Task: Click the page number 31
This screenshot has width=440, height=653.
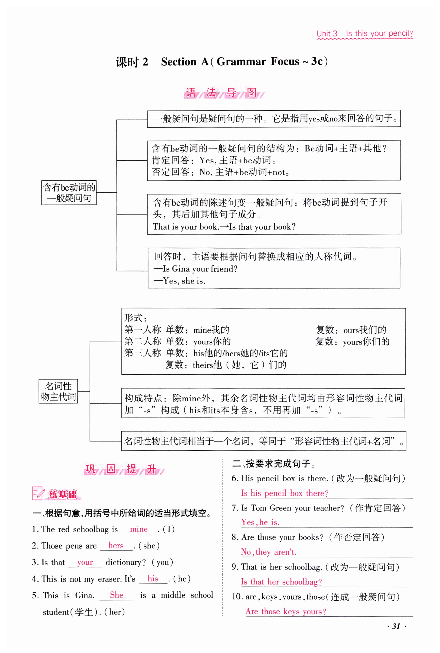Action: tap(396, 626)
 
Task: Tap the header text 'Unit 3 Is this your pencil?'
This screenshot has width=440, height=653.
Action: tap(365, 34)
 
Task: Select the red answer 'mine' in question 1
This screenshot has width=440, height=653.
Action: tap(139, 529)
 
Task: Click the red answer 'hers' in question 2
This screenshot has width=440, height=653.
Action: tap(116, 546)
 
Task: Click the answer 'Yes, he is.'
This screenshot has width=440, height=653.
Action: tap(260, 522)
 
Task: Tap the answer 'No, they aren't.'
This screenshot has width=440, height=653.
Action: tap(269, 552)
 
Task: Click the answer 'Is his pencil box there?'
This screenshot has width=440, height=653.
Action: tap(285, 493)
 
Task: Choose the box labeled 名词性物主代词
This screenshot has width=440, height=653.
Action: tap(58, 391)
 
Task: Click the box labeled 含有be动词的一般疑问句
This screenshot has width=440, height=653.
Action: tap(69, 193)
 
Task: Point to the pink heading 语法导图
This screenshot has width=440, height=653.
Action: tap(224, 93)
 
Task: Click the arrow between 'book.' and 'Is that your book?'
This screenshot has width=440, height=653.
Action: tap(224, 227)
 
